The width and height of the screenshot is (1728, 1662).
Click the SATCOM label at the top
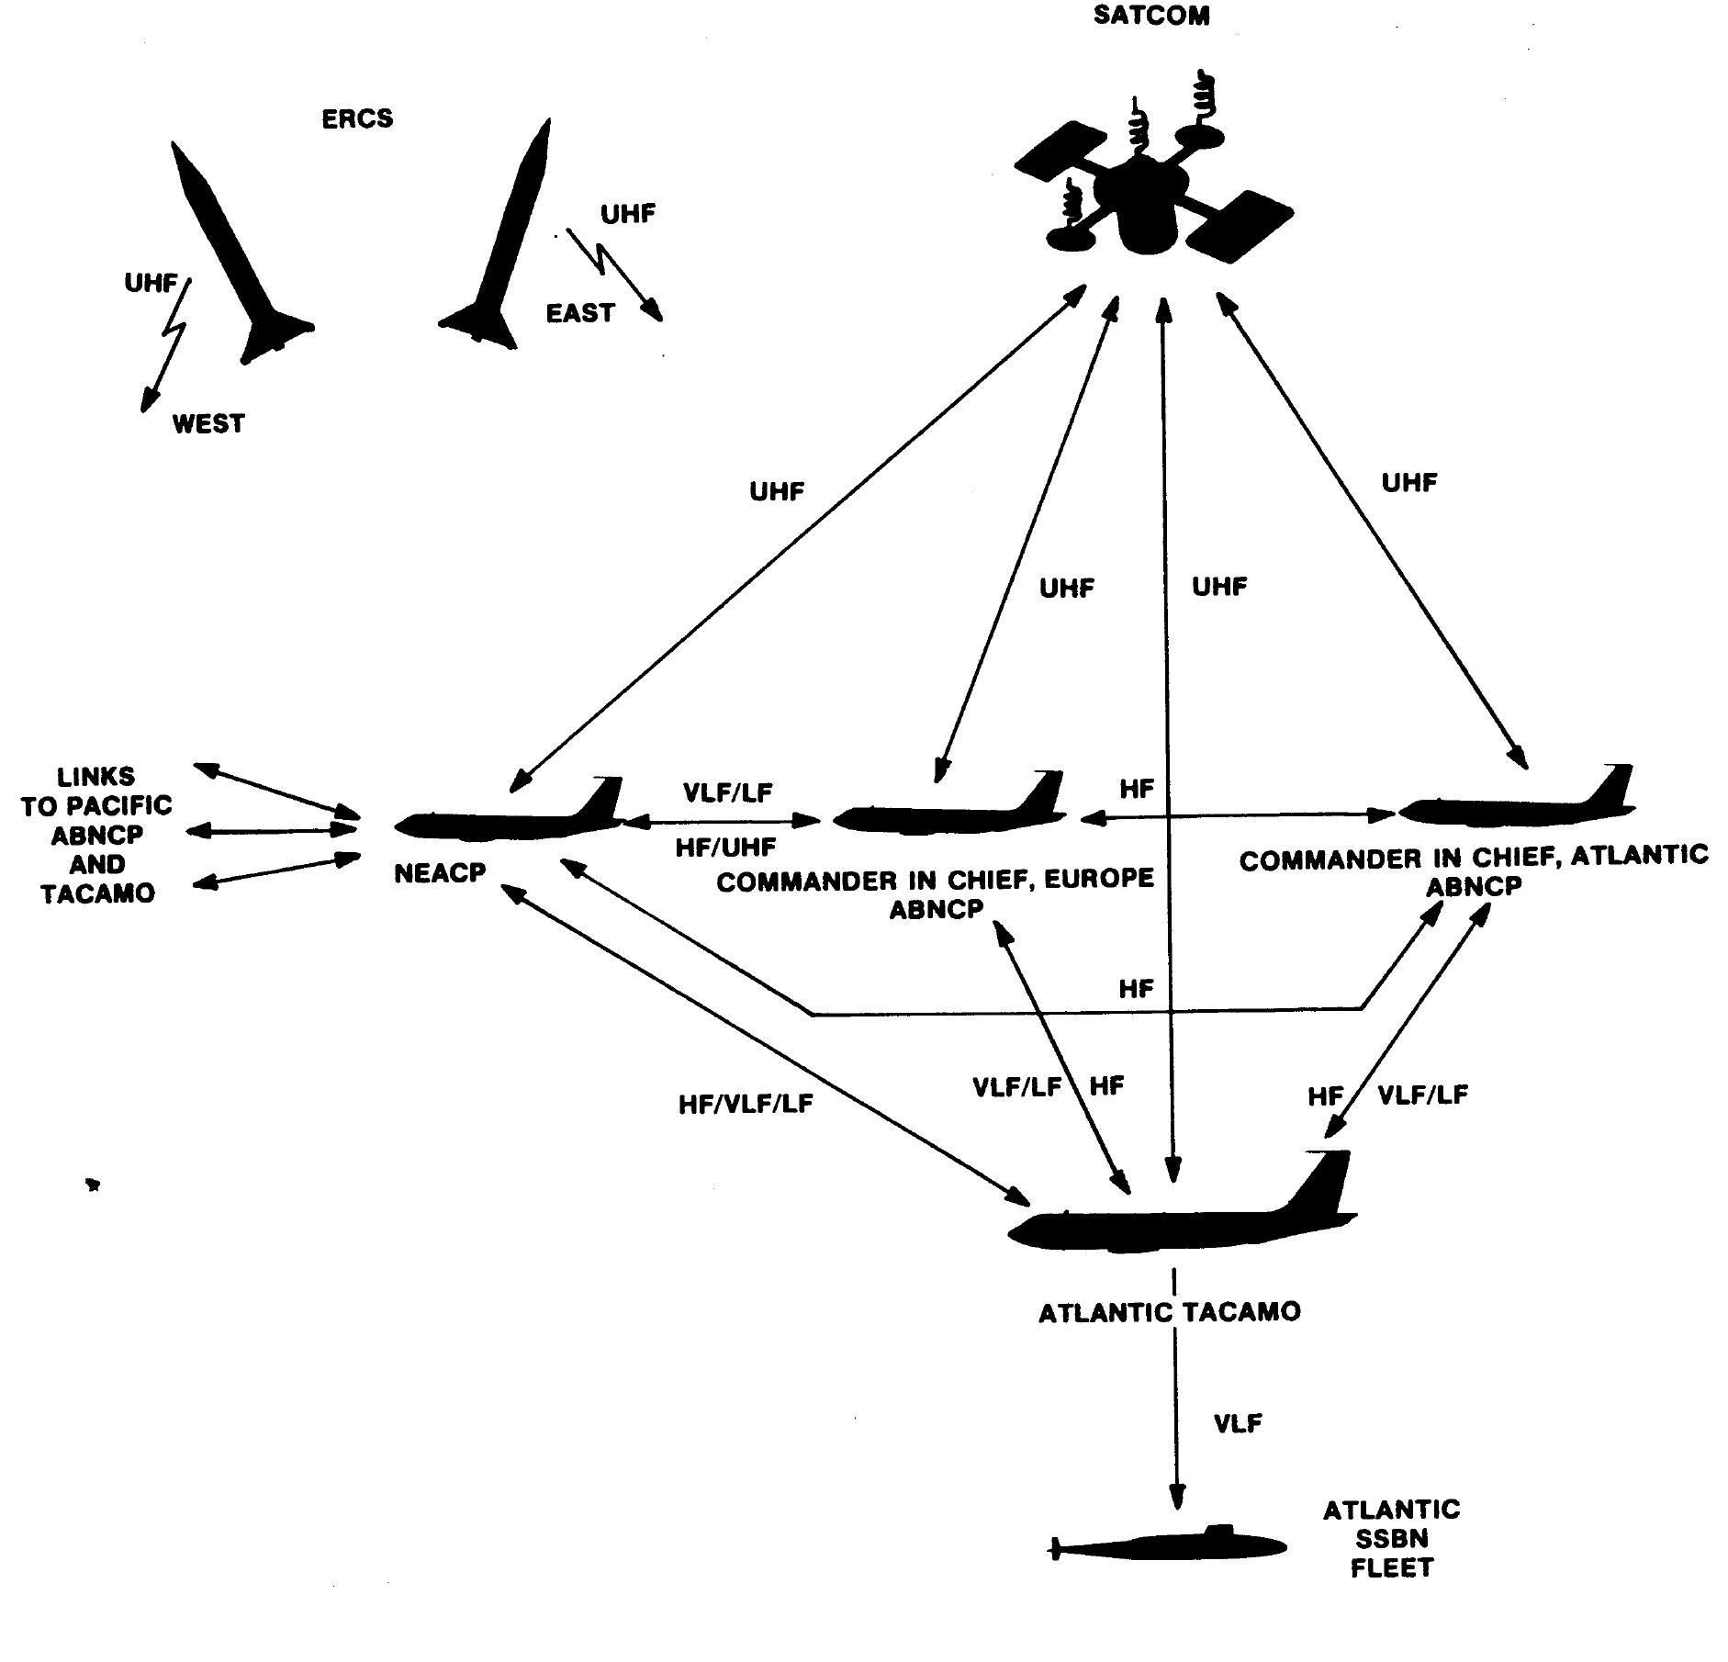(x=1150, y=17)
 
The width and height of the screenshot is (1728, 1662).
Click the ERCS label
(x=357, y=119)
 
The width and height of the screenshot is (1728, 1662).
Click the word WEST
(x=208, y=424)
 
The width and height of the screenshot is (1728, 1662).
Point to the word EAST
(x=579, y=314)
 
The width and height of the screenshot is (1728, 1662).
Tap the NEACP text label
(x=440, y=873)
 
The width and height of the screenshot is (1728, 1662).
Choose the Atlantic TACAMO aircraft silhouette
(x=1182, y=1205)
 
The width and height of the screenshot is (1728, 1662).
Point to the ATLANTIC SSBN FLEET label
(x=1392, y=1538)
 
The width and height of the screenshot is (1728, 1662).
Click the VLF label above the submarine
(x=1238, y=1424)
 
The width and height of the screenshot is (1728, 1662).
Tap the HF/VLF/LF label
(x=746, y=1105)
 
